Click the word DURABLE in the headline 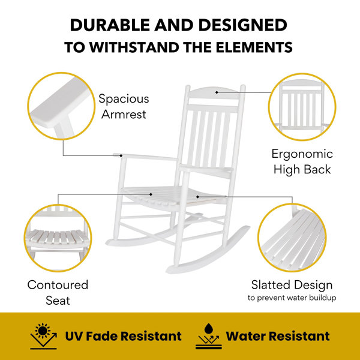(x=110, y=25)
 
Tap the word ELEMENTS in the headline (x=254, y=47)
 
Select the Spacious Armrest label (x=124, y=106)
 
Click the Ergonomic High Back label (x=302, y=161)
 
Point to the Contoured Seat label (x=58, y=292)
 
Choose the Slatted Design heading (x=292, y=285)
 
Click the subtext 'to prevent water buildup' (x=292, y=298)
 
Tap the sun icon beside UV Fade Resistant (x=43, y=331)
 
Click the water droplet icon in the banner (x=208, y=329)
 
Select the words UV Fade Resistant (x=123, y=336)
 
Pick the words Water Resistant (x=278, y=336)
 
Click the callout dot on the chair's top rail (x=217, y=92)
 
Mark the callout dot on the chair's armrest (x=121, y=155)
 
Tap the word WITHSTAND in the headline (x=134, y=47)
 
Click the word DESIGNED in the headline (x=243, y=25)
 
